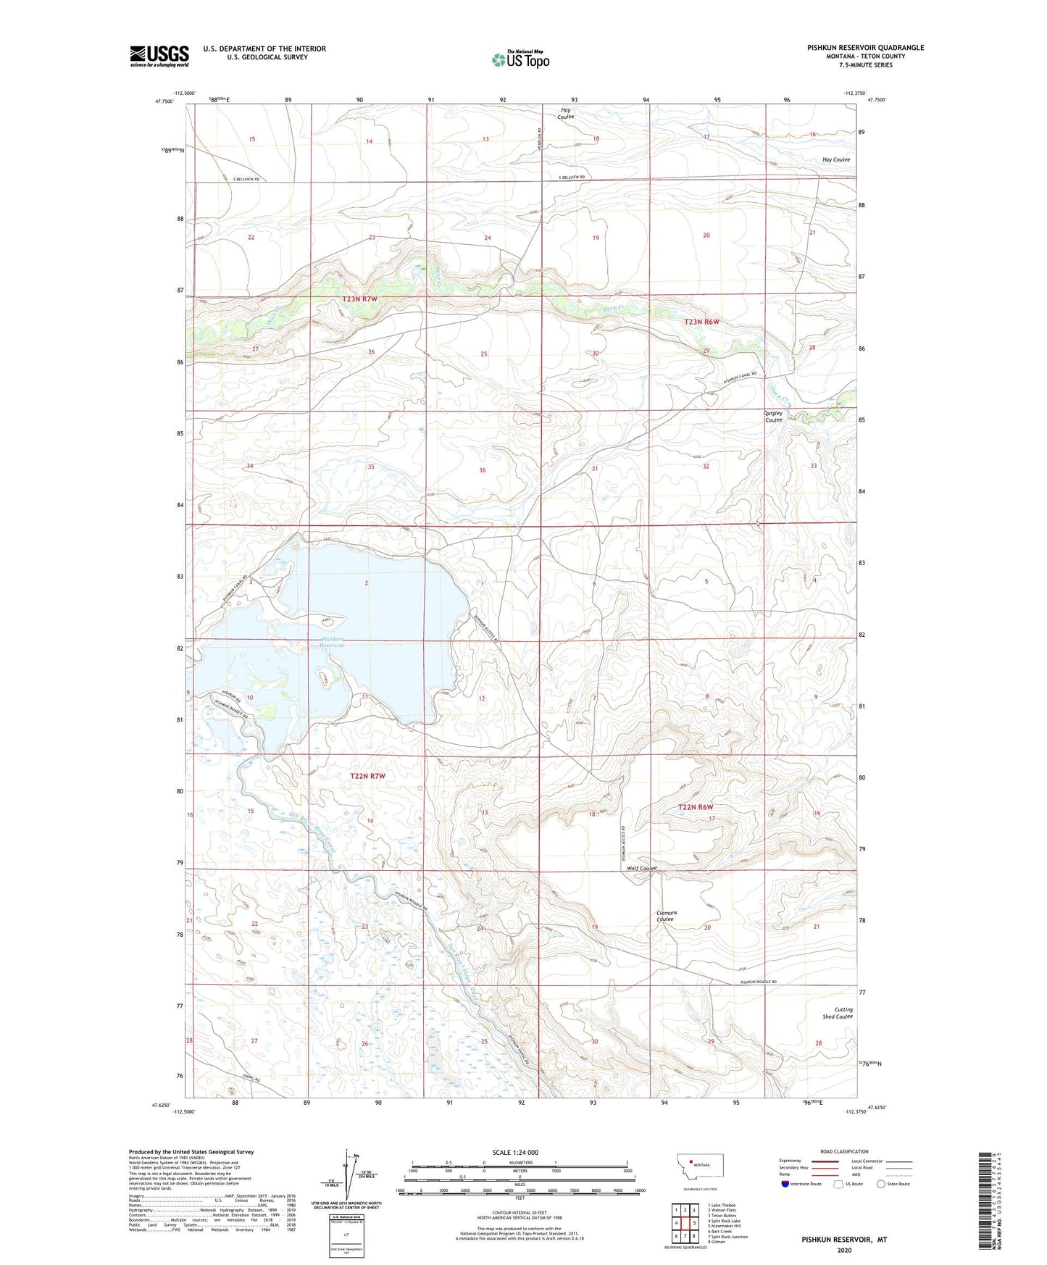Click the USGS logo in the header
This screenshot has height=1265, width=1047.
point(159,55)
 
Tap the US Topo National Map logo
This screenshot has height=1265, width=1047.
point(520,59)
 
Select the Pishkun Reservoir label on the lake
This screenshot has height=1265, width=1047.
point(334,642)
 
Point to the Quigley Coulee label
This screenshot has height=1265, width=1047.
point(773,417)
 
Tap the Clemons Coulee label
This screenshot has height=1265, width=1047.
point(666,916)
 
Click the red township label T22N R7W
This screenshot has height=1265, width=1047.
point(367,776)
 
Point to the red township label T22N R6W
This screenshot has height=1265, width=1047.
point(696,807)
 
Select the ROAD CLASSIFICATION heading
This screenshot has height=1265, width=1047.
point(844,1151)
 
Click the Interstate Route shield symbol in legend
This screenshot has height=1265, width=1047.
point(786,1184)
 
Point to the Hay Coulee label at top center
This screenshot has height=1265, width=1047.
point(566,113)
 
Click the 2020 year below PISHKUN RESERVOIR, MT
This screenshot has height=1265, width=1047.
point(844,1250)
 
